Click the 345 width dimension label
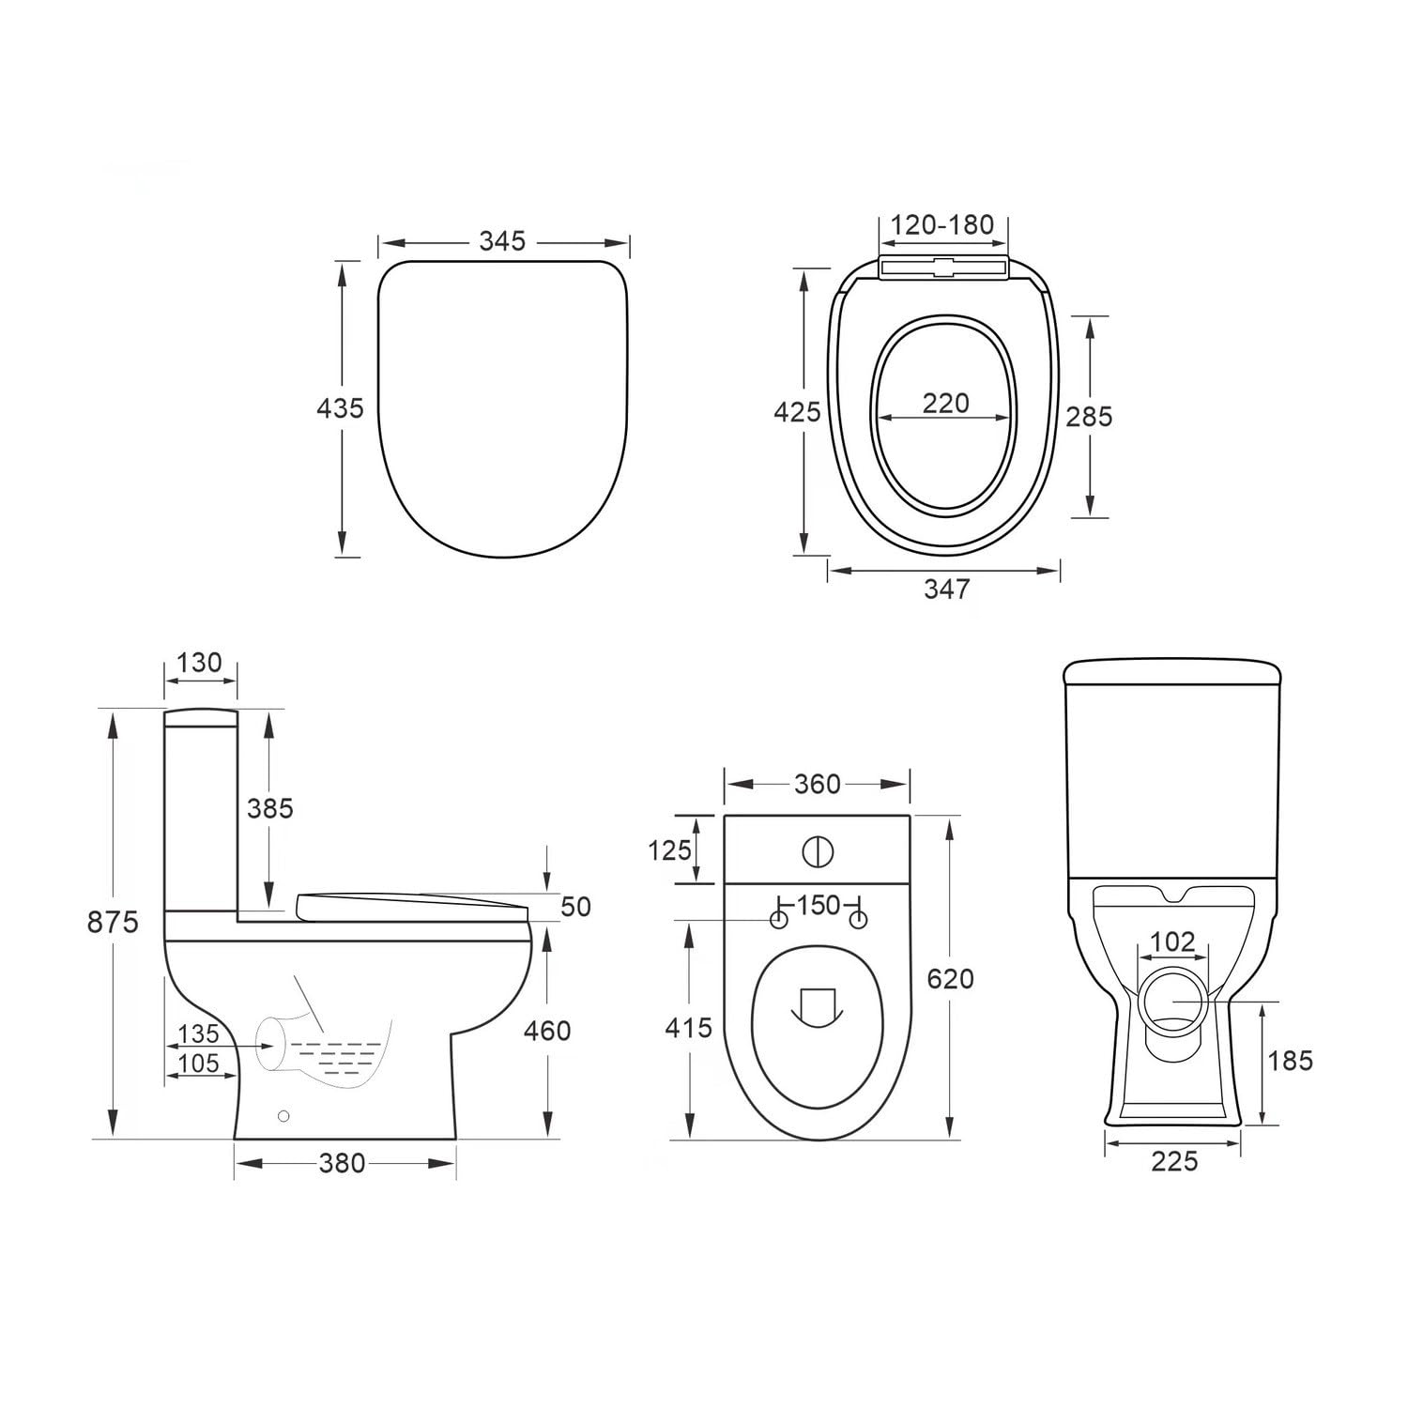click(x=502, y=241)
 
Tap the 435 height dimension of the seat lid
click(x=339, y=408)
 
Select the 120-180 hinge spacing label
click(x=941, y=225)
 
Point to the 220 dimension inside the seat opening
click(x=945, y=403)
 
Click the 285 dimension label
click(x=1089, y=416)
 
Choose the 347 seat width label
click(x=946, y=589)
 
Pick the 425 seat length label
click(x=797, y=411)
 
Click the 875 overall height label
click(x=113, y=922)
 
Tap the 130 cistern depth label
click(x=199, y=662)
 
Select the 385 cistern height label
click(x=270, y=807)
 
